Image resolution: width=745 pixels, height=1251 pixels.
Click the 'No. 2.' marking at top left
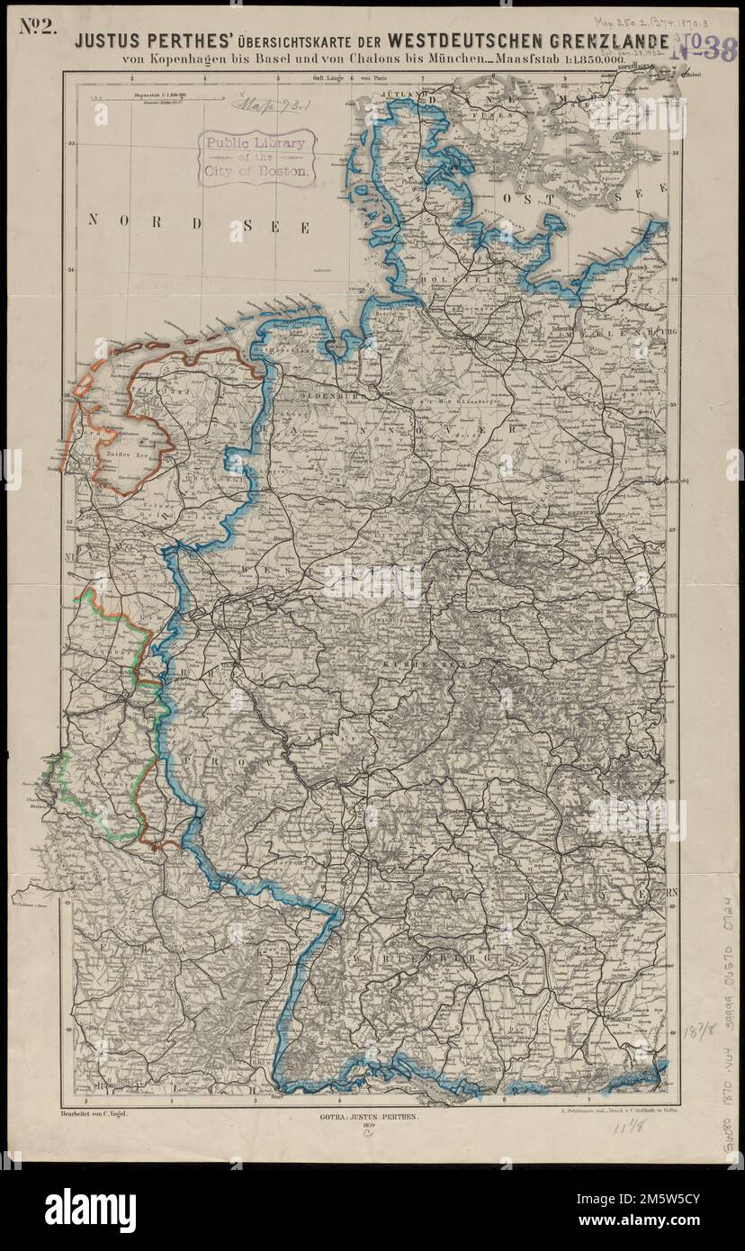click(x=37, y=26)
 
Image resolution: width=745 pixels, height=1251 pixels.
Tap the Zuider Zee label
click(x=127, y=457)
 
